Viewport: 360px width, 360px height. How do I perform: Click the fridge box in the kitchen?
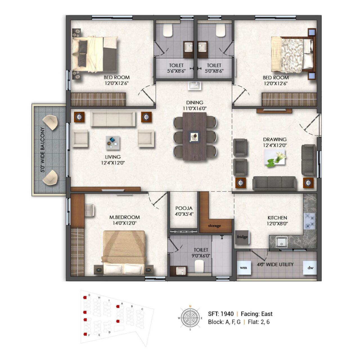pyautogui.click(x=242, y=237)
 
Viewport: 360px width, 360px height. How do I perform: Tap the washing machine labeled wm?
pyautogui.click(x=244, y=268)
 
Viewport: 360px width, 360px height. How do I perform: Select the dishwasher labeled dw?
pyautogui.click(x=310, y=268)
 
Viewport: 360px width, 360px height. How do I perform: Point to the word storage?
pyautogui.click(x=214, y=226)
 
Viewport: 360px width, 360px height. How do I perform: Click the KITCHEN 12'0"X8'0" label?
pyautogui.click(x=277, y=220)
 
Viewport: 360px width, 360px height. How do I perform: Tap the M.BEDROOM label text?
pyautogui.click(x=125, y=217)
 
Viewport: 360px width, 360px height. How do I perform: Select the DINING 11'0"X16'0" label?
pyautogui.click(x=195, y=105)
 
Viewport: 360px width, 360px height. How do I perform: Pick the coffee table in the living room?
pyautogui.click(x=113, y=143)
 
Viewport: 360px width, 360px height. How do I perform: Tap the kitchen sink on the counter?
pyautogui.click(x=282, y=241)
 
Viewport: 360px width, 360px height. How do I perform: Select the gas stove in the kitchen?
pyautogui.click(x=310, y=221)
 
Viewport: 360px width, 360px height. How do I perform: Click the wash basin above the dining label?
pyautogui.click(x=194, y=85)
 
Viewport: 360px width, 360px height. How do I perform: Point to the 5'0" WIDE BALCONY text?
pyautogui.click(x=43, y=150)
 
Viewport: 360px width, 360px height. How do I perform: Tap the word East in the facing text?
pyautogui.click(x=267, y=314)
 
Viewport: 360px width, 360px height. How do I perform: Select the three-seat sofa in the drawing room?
pyautogui.click(x=274, y=183)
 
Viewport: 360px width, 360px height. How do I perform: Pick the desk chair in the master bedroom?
pyautogui.click(x=89, y=210)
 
